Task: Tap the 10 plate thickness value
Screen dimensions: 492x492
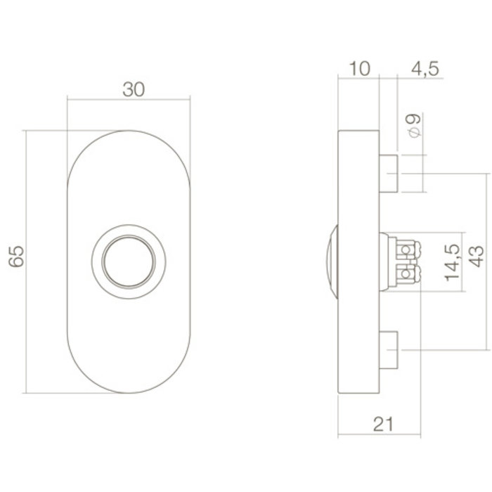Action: point(358,68)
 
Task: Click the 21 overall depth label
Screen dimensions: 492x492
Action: point(380,423)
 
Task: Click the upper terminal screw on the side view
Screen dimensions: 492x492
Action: point(406,250)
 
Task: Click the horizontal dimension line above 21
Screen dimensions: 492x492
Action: point(380,409)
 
